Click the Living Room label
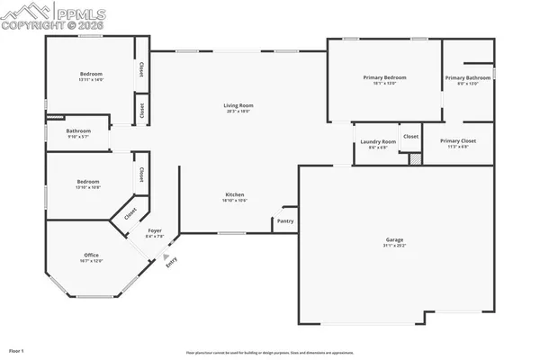(x=238, y=105)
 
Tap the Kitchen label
(x=234, y=194)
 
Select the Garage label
(x=395, y=239)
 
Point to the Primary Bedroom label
(x=385, y=78)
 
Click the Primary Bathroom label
(x=467, y=78)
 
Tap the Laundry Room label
(x=378, y=141)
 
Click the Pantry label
(x=285, y=220)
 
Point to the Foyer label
(x=155, y=231)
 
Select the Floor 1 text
(x=16, y=349)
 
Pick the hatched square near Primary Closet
(x=415, y=158)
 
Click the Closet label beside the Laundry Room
(x=410, y=136)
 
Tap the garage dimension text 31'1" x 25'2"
(x=395, y=246)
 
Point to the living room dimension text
(x=238, y=112)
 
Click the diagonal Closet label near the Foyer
(x=130, y=214)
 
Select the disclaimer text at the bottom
(x=269, y=353)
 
